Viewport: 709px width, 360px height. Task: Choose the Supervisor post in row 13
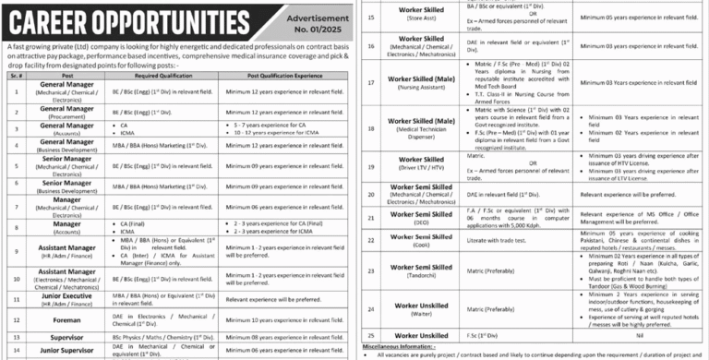coord(68,338)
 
